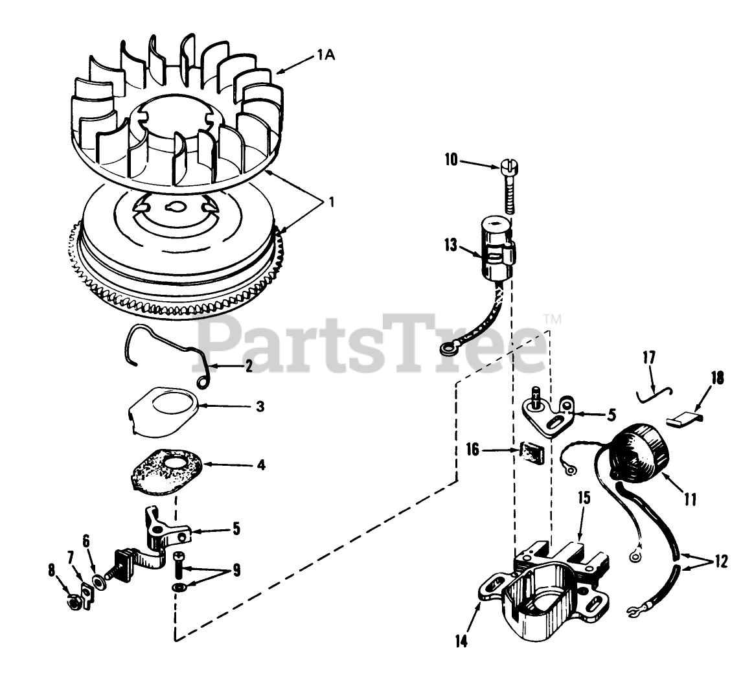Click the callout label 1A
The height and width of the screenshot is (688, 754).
point(325,56)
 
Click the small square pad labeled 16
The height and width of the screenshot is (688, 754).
point(531,452)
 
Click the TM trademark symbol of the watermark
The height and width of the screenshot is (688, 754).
point(553,319)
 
